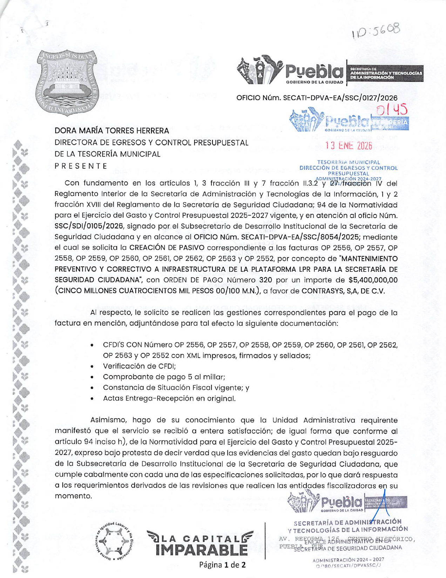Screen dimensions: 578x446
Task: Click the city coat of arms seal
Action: point(68,83)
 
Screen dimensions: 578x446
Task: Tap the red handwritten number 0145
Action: point(392,110)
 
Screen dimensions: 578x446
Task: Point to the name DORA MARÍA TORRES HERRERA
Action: point(112,131)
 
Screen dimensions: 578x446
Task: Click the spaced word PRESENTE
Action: point(81,166)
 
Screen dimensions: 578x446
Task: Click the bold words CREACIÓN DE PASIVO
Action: point(167,248)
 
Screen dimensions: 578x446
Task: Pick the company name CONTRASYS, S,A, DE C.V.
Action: point(343,291)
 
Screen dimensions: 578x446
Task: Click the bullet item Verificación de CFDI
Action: point(139,366)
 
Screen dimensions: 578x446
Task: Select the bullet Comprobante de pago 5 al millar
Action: point(164,377)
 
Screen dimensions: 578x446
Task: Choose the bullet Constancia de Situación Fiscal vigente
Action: point(176,388)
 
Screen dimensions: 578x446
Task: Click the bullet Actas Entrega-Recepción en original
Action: point(169,399)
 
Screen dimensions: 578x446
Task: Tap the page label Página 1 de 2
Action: point(223,565)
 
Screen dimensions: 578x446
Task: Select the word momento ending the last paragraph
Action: point(73,496)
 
